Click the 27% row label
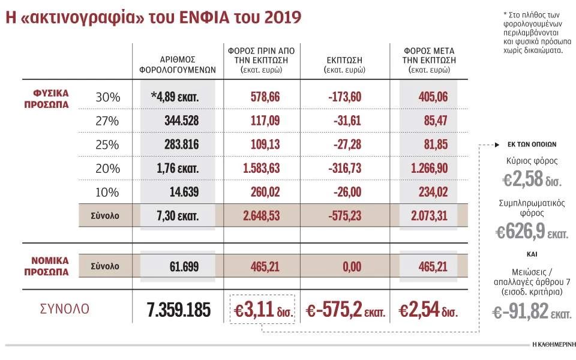tap(108, 121)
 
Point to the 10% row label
tap(108, 192)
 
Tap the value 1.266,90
tap(428, 169)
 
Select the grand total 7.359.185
tap(179, 310)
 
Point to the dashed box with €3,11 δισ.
tap(262, 310)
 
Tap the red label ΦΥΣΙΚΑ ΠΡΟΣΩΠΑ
tap(51, 98)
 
